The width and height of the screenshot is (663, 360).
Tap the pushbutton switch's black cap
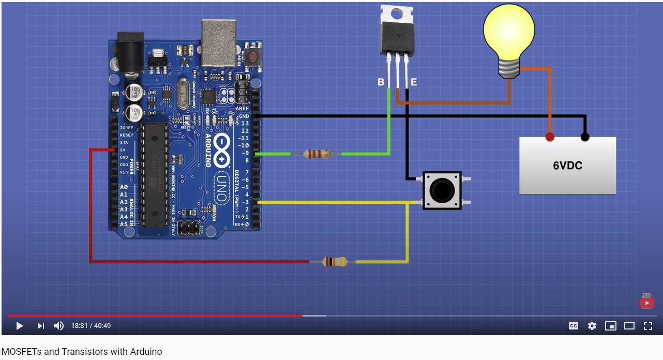tap(442, 191)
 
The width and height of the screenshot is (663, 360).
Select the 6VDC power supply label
tap(567, 166)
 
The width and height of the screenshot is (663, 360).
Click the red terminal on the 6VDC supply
tap(550, 137)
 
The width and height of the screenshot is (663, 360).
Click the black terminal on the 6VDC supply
tap(585, 137)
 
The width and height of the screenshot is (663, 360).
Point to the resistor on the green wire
tap(317, 154)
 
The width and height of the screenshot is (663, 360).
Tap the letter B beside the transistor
tap(381, 82)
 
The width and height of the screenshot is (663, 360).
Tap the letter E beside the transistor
tap(413, 82)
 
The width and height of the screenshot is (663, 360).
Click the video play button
tap(20, 326)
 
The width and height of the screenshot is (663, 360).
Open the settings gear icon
tap(592, 326)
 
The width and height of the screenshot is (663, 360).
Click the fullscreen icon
tap(647, 326)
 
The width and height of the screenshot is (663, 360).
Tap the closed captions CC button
tap(574, 326)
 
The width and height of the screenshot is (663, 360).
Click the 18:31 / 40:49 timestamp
tap(91, 326)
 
